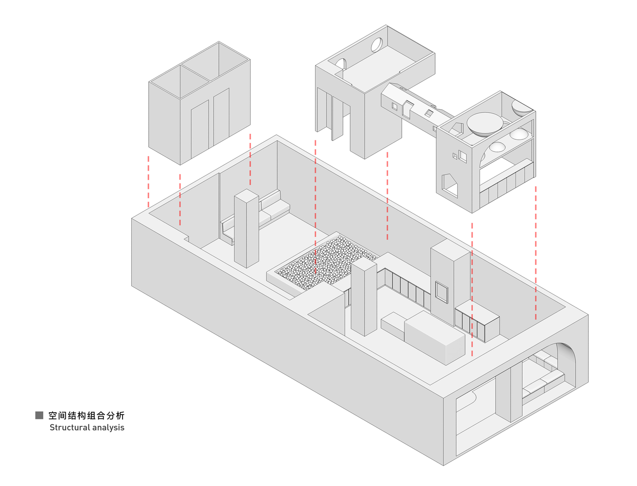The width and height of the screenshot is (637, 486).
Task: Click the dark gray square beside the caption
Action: pos(39,415)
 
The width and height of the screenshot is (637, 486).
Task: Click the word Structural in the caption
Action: pos(70,427)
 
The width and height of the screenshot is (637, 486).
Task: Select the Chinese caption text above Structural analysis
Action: pos(87,415)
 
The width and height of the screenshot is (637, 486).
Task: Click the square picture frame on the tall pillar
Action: pos(442,292)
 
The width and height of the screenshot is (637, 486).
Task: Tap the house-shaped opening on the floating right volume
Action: pos(449,186)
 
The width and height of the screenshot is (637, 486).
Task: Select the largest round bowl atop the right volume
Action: pos(485,123)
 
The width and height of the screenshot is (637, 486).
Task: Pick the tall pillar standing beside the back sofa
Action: pos(247,228)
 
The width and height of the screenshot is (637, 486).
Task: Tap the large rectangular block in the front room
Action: pos(434,337)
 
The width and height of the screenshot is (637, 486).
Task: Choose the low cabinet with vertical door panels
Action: pos(477,321)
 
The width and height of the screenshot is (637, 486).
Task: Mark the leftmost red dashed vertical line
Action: pos(149,182)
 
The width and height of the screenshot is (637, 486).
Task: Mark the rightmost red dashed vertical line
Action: pos(536,253)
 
